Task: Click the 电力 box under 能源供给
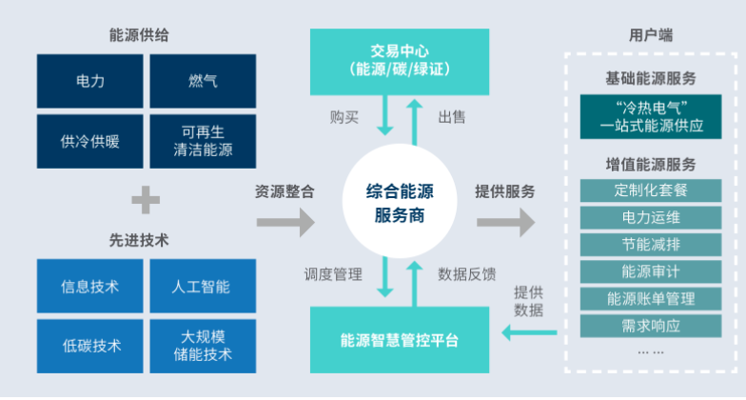pyautogui.click(x=90, y=81)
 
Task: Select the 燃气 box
pyautogui.click(x=204, y=81)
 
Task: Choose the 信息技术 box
pyautogui.click(x=90, y=286)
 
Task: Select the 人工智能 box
pyautogui.click(x=204, y=286)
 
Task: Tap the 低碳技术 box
pyautogui.click(x=90, y=346)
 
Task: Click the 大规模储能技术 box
pyautogui.click(x=204, y=346)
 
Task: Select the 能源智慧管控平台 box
pyautogui.click(x=399, y=339)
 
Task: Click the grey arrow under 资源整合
pyautogui.click(x=285, y=224)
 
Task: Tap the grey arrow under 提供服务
pyautogui.click(x=505, y=224)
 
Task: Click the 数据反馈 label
pyautogui.click(x=466, y=274)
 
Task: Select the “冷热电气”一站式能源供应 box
pyautogui.click(x=652, y=115)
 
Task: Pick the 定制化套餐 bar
pyautogui.click(x=652, y=190)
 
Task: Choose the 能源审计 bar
pyautogui.click(x=652, y=271)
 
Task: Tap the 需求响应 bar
pyautogui.click(x=652, y=325)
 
